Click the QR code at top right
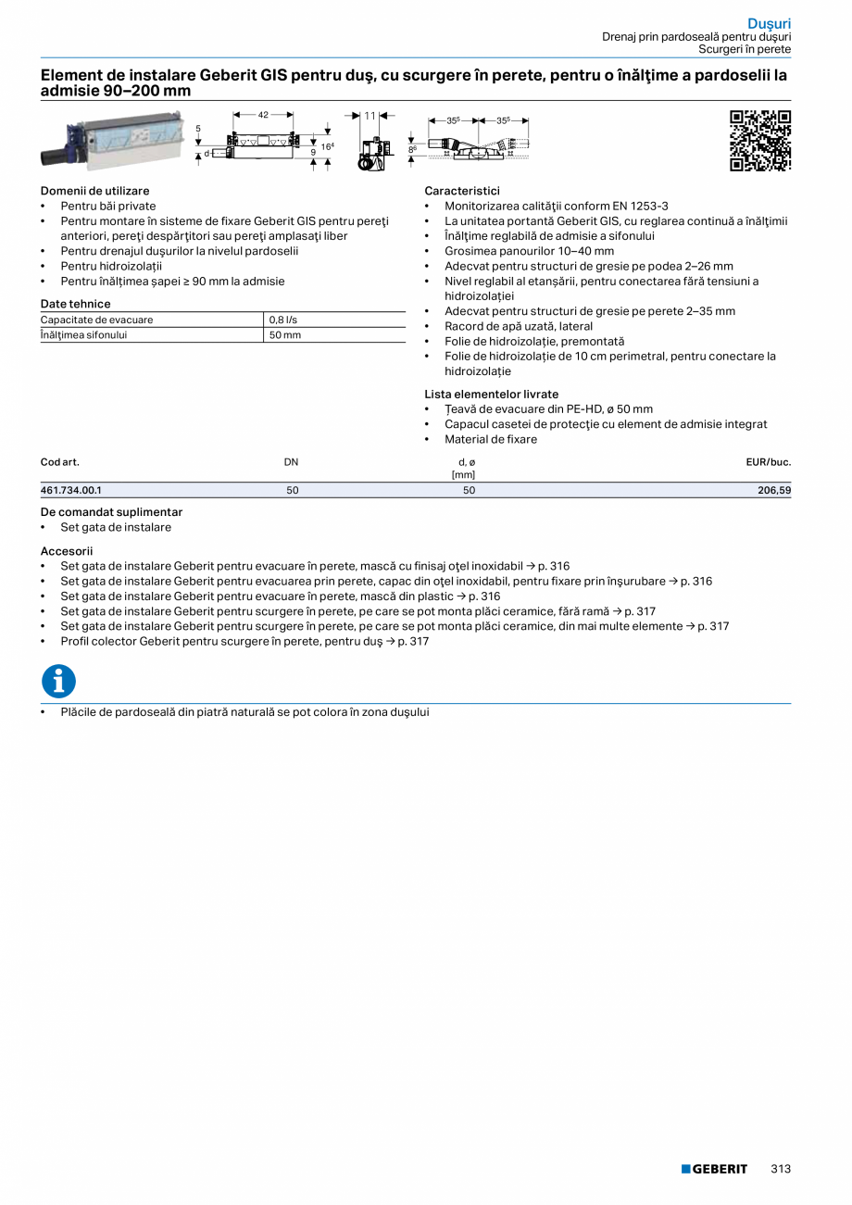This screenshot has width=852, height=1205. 759,141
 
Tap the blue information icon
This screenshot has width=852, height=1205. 58,682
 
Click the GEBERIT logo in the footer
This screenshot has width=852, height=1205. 714,1169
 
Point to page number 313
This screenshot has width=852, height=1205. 781,1169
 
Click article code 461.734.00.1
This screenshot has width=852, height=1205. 71,491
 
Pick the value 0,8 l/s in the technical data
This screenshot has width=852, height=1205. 283,320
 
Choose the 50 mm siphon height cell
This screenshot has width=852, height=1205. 285,334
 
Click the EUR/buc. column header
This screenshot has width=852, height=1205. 768,461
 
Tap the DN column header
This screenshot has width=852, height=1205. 292,461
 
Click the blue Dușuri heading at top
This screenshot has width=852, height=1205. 770,23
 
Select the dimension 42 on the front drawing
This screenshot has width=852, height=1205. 263,115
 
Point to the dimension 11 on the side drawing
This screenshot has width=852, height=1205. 370,116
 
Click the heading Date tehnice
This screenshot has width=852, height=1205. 75,304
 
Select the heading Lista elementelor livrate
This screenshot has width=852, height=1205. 492,394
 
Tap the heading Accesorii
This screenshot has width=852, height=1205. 67,551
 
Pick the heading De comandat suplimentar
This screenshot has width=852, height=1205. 111,512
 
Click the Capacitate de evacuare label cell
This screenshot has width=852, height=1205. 97,320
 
